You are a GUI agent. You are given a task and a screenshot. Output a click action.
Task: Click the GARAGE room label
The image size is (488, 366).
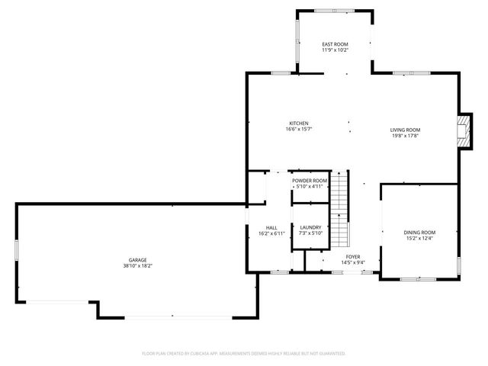click(137, 260)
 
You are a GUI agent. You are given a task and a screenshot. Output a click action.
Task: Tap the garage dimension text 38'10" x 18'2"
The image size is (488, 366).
click(137, 266)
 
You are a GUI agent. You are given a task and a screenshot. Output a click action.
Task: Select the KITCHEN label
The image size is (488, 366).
click(299, 124)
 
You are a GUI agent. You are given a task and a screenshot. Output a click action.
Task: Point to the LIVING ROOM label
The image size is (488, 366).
click(406, 130)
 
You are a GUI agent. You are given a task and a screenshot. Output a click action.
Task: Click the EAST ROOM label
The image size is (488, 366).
click(335, 44)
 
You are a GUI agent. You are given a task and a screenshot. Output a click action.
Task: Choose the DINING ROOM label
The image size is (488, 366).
click(419, 232)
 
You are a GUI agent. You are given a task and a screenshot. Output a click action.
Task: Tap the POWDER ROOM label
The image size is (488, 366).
click(309, 181)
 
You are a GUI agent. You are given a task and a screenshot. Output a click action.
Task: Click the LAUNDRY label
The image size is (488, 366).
click(310, 226)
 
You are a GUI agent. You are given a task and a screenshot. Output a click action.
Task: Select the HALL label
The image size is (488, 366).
click(271, 227)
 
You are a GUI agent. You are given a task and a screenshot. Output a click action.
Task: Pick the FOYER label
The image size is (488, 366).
click(352, 256)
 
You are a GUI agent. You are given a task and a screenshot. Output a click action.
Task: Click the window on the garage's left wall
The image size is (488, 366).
click(17, 252)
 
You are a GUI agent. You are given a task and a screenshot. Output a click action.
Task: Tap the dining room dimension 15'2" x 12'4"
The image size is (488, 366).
click(419, 238)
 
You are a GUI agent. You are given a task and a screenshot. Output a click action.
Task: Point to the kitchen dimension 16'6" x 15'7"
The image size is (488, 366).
click(299, 130)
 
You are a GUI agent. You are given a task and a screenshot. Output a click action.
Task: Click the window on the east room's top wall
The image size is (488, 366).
click(335, 10)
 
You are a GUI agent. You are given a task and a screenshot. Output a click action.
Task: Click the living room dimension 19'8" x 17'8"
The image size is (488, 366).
click(406, 136)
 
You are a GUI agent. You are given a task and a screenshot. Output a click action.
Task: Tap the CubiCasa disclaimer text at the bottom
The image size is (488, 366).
click(244, 353)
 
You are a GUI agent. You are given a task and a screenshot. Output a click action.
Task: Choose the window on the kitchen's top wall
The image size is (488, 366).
click(281, 73)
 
